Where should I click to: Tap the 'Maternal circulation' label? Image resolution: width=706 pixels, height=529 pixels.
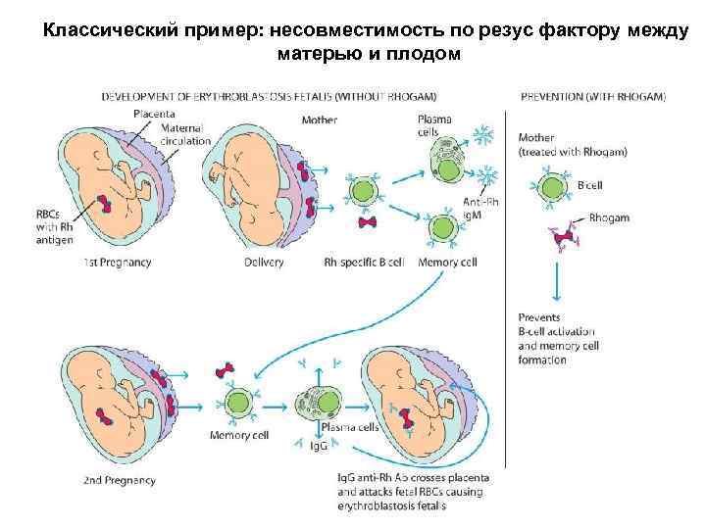[186, 134]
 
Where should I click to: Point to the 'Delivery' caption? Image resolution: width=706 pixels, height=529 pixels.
[265, 263]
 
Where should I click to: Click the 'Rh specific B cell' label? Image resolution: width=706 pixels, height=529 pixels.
[363, 263]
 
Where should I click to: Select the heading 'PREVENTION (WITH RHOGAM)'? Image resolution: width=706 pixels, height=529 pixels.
[591, 96]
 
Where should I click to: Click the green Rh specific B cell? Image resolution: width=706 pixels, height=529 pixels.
[364, 191]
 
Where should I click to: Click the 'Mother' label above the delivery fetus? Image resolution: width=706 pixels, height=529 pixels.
[321, 120]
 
